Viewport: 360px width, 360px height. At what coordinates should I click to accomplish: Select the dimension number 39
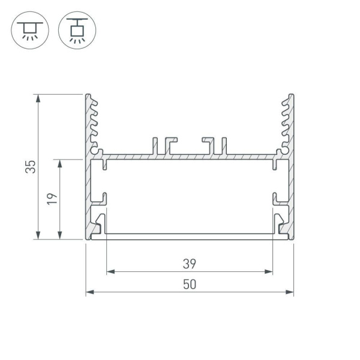pos(190,263)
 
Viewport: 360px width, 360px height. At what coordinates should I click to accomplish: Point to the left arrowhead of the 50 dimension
pos(89,292)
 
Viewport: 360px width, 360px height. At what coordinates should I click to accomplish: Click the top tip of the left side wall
pos(88,95)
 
